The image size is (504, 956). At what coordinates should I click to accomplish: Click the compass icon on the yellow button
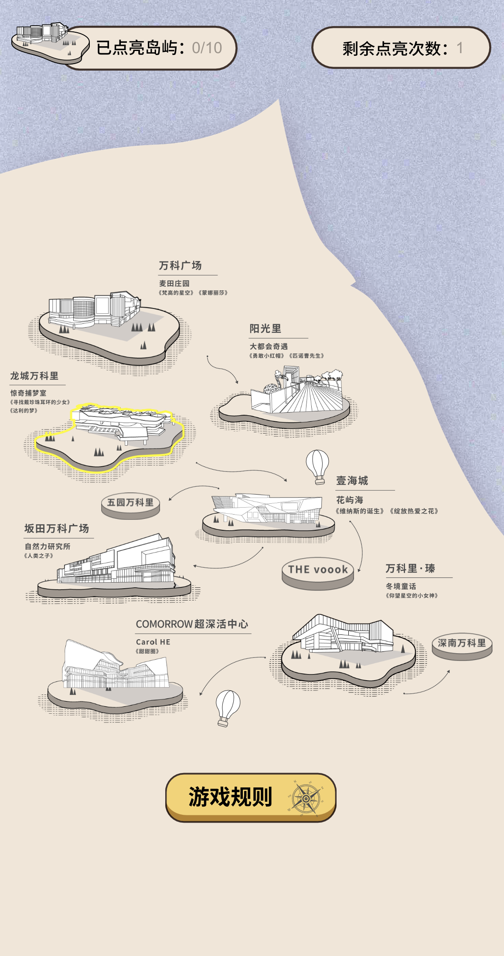[306, 798]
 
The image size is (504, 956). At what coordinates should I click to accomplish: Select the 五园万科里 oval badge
[130, 503]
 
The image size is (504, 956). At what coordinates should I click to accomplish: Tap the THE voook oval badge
[318, 570]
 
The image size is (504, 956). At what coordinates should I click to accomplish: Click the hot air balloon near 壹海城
[317, 466]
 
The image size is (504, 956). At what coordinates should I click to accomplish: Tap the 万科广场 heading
[180, 265]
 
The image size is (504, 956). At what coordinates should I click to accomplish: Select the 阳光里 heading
[265, 329]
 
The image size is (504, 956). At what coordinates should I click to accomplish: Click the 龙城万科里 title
[34, 376]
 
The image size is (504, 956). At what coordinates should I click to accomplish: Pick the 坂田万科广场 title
[57, 529]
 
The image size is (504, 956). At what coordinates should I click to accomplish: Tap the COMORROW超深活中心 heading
[192, 624]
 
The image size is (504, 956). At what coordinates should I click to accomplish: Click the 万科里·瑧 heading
[410, 568]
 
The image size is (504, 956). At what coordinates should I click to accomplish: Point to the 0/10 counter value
[207, 48]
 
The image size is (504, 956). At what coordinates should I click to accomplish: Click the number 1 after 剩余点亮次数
[460, 48]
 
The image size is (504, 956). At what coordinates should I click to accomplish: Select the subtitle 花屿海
[350, 500]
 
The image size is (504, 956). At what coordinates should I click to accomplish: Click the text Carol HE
[153, 642]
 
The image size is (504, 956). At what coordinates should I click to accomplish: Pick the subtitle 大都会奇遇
[269, 346]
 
